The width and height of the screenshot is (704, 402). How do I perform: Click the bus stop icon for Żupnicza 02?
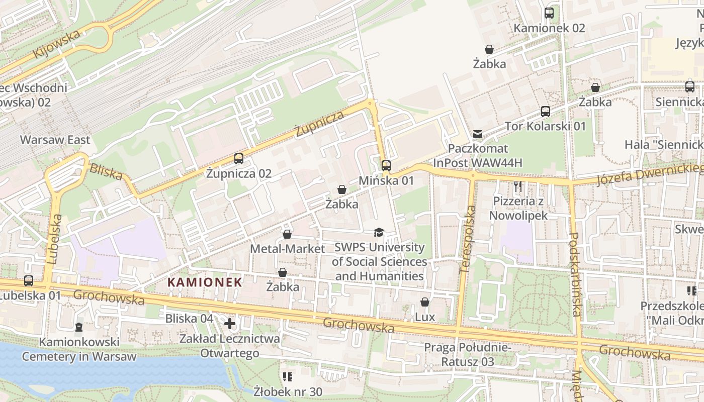[239, 159]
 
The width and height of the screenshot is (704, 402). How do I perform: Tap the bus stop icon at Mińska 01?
[386, 165]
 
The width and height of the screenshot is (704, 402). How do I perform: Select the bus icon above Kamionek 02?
[549, 13]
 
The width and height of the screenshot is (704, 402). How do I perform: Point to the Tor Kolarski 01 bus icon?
[546, 111]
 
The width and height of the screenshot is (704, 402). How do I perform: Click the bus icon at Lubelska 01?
[29, 281]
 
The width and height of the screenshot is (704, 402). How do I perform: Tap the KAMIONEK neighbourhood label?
[205, 282]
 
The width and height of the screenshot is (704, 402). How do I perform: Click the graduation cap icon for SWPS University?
[379, 232]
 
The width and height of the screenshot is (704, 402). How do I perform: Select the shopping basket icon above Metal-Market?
[287, 234]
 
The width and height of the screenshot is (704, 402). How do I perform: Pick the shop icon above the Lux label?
[425, 302]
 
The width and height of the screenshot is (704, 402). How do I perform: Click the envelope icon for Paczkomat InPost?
[477, 134]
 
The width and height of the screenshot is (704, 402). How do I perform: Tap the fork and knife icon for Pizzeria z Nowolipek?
[518, 187]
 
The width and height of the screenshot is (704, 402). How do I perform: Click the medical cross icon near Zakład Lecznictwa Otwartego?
[230, 324]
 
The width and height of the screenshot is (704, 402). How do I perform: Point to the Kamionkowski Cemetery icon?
[78, 327]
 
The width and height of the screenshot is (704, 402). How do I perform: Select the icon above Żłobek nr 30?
[288, 376]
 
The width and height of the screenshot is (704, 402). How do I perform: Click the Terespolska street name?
[467, 240]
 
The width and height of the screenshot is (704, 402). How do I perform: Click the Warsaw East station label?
[55, 140]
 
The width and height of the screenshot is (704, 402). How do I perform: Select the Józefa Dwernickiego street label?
[649, 174]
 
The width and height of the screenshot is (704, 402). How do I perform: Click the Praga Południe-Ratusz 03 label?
[467, 354]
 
